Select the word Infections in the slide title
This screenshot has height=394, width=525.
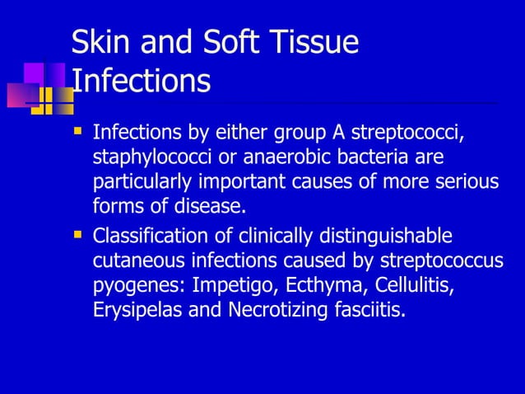(141, 81)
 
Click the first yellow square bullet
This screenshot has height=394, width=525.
(78, 130)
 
